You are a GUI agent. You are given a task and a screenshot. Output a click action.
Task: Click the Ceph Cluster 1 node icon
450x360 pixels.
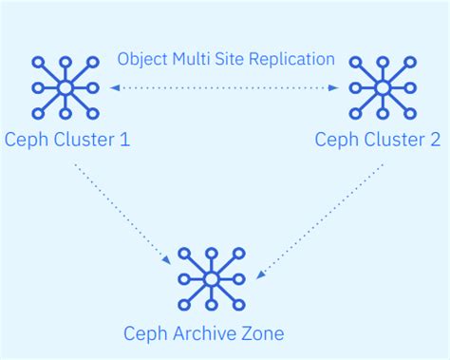click(66, 88)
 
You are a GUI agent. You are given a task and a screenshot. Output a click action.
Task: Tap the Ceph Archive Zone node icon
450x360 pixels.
click(212, 279)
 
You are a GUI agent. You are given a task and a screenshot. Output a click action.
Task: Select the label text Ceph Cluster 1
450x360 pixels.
click(66, 141)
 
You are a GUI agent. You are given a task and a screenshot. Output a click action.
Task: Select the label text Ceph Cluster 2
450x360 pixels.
click(378, 141)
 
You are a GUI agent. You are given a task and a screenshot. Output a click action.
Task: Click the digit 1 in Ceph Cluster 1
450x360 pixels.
click(124, 141)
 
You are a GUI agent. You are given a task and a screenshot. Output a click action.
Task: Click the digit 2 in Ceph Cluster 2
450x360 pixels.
click(435, 141)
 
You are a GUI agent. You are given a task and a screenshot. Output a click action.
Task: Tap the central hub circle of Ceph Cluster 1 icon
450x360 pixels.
click(66, 88)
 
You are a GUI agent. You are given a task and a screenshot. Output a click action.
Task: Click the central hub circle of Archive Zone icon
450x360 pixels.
click(212, 279)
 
